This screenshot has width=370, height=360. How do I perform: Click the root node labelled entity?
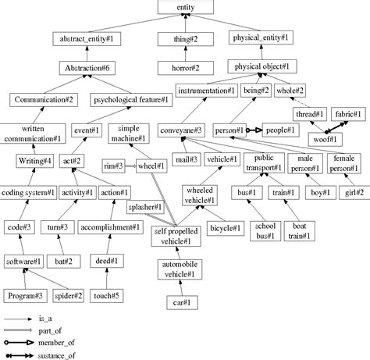coord(186,8)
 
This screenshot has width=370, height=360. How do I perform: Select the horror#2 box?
coord(185,68)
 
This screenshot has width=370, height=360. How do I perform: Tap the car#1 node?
coord(186,301)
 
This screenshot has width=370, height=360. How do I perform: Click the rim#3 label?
coord(114,166)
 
